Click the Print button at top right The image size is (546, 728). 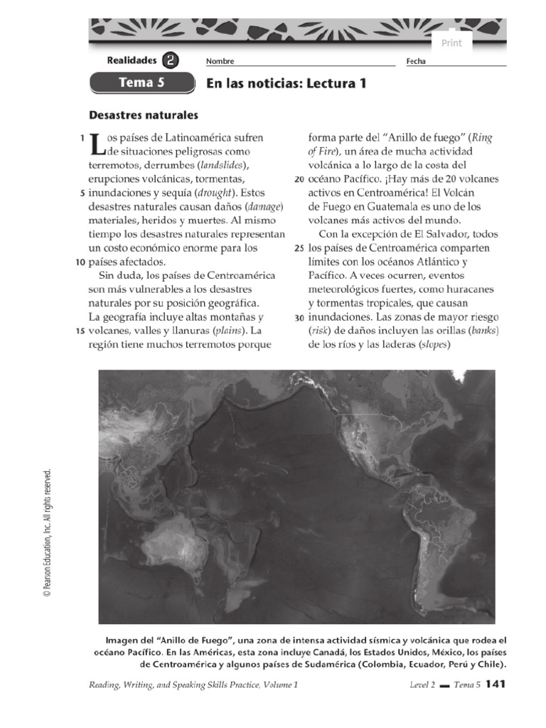451,43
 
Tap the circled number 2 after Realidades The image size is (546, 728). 171,61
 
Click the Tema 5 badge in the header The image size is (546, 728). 141,82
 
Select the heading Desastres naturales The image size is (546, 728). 143,114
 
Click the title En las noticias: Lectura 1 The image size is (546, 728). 286,83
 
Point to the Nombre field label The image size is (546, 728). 220,62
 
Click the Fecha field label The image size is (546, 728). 416,62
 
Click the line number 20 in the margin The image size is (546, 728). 299,179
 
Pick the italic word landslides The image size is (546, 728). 222,165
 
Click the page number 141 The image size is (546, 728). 496,684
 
